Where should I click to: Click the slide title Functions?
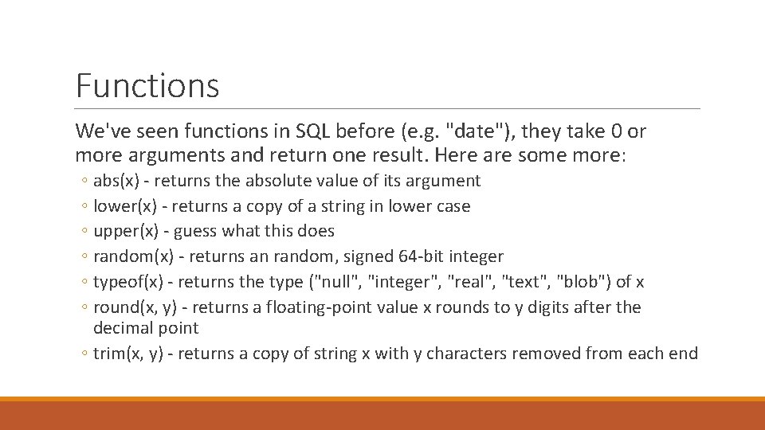[x=147, y=85]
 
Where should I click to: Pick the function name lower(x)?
[x=126, y=206]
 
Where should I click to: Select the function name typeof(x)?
[x=131, y=282]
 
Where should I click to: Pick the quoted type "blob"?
[x=584, y=282]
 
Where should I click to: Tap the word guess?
[x=195, y=231]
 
